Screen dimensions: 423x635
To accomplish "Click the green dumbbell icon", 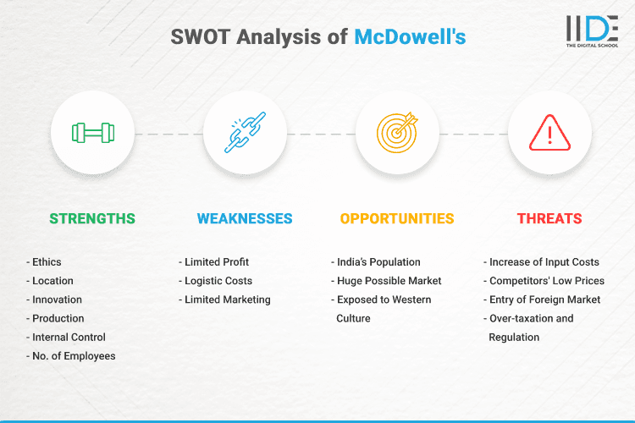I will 92,133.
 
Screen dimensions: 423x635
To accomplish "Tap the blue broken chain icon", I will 245,133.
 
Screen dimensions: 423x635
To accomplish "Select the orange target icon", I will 397,133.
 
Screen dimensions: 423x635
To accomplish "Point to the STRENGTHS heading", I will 92,218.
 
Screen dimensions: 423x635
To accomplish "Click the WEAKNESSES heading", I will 245,218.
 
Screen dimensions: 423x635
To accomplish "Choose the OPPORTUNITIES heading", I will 397,218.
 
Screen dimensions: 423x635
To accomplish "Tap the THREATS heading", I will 549,218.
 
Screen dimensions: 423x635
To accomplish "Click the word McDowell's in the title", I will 410,36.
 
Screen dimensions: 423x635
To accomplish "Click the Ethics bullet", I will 47,262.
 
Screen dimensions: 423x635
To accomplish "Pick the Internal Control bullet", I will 69,337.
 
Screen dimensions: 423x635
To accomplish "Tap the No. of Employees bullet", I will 73,356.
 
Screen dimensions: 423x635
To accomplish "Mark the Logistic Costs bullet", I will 218,281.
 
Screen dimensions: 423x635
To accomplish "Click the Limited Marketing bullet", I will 227,299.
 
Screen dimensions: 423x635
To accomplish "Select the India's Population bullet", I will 378,262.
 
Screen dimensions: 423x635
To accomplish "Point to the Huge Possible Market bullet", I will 388,281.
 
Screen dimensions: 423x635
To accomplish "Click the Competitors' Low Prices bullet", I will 546,281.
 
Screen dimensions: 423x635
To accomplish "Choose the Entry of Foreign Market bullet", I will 544,299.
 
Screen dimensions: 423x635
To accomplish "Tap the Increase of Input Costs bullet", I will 544,262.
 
